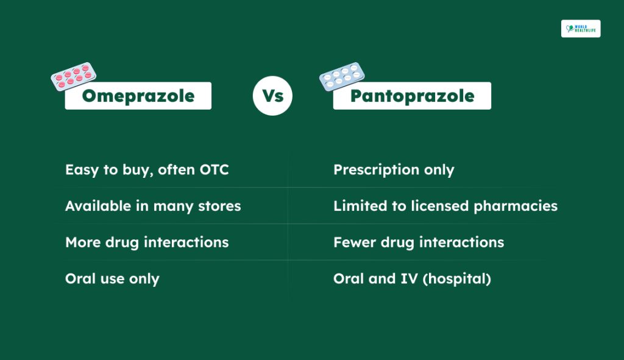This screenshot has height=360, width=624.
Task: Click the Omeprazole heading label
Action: pos(138,96)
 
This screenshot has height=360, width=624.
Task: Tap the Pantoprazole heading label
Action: pos(412,96)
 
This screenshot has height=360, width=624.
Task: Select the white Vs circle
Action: pos(272,96)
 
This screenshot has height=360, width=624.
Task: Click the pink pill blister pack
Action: pos(74,76)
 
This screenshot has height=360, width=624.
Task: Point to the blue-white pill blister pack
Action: pos(342,76)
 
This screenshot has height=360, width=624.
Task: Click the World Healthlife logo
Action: pos(581,29)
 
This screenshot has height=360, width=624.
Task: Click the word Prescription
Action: pos(376,171)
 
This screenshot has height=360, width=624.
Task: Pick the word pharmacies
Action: pos(516,206)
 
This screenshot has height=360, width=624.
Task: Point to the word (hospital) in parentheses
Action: pos(457,279)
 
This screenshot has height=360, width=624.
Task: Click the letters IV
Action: pos(409,279)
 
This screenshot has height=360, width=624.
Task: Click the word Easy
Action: pos(82,171)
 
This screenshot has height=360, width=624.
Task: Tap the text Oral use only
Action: pos(112,279)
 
